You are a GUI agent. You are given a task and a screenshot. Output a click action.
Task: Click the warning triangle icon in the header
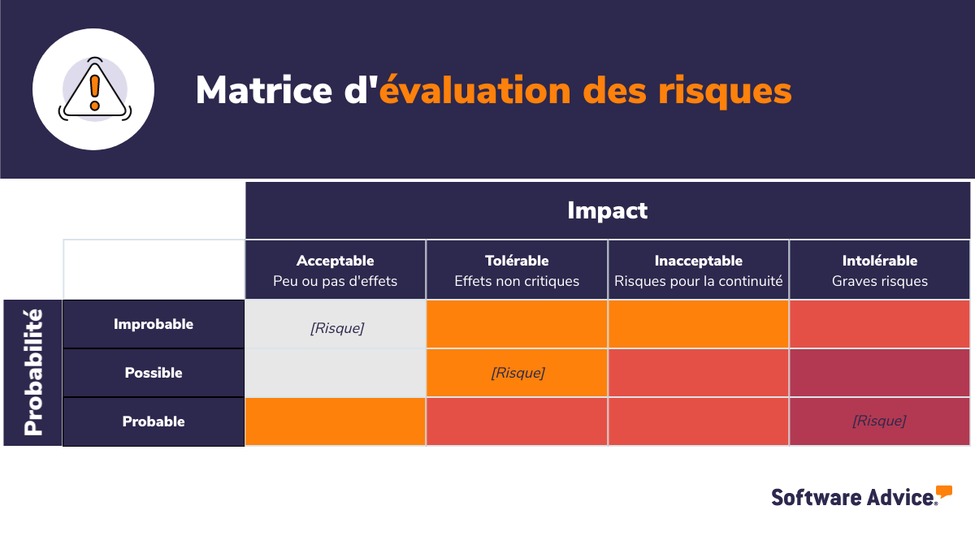click(x=93, y=89)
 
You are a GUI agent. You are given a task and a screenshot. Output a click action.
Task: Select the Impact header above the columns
click(x=607, y=211)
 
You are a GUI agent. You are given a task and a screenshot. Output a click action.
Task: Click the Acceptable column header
click(x=336, y=270)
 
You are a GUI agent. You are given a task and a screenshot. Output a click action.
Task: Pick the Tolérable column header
click(x=517, y=270)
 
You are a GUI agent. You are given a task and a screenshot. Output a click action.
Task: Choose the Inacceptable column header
click(x=699, y=270)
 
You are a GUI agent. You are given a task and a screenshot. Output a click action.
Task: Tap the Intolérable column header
click(x=880, y=270)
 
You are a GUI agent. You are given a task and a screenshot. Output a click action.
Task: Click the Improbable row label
click(x=154, y=324)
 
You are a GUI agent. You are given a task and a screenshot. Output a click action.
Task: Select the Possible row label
click(x=154, y=373)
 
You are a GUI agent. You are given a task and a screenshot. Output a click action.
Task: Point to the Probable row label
click(x=154, y=421)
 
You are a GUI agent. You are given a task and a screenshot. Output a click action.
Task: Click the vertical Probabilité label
click(x=33, y=373)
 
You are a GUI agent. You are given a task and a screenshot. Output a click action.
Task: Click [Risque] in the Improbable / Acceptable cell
click(x=337, y=328)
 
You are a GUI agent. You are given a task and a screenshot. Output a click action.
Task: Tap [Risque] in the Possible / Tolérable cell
click(x=518, y=373)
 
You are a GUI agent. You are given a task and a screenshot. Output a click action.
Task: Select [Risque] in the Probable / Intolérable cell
click(x=879, y=421)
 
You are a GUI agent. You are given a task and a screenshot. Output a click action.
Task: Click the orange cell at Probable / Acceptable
click(x=335, y=421)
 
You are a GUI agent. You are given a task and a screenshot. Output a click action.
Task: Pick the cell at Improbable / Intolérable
click(x=879, y=324)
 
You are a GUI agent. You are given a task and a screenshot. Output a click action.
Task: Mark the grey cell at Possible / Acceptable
click(x=335, y=373)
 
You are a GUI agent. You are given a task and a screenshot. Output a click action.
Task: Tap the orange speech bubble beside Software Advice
click(x=943, y=491)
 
